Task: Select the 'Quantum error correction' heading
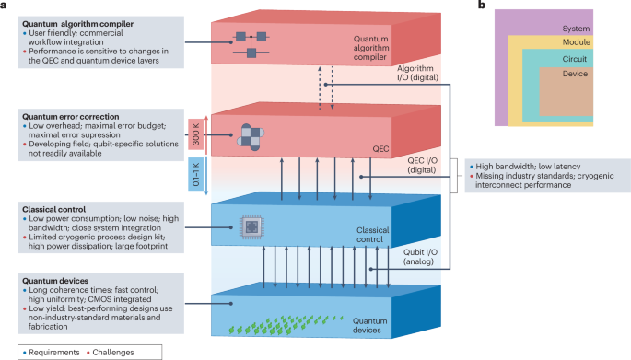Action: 70,117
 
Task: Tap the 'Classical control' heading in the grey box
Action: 54,210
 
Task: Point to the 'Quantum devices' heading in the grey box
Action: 55,281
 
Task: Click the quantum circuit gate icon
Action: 251,44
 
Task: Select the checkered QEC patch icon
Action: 251,137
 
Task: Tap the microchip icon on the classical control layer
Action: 251,227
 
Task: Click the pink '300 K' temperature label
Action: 195,134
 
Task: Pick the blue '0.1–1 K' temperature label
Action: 195,174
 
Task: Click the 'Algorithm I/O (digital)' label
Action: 417,73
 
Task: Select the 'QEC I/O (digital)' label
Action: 422,165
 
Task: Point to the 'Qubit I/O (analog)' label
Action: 420,257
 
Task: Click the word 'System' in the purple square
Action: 576,29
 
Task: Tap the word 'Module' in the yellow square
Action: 577,41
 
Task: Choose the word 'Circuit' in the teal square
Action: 574,59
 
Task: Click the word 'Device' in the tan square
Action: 575,74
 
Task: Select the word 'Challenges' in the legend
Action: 113,353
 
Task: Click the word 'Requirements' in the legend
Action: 54,353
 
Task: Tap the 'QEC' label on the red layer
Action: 380,149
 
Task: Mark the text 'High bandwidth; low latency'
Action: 528,167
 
